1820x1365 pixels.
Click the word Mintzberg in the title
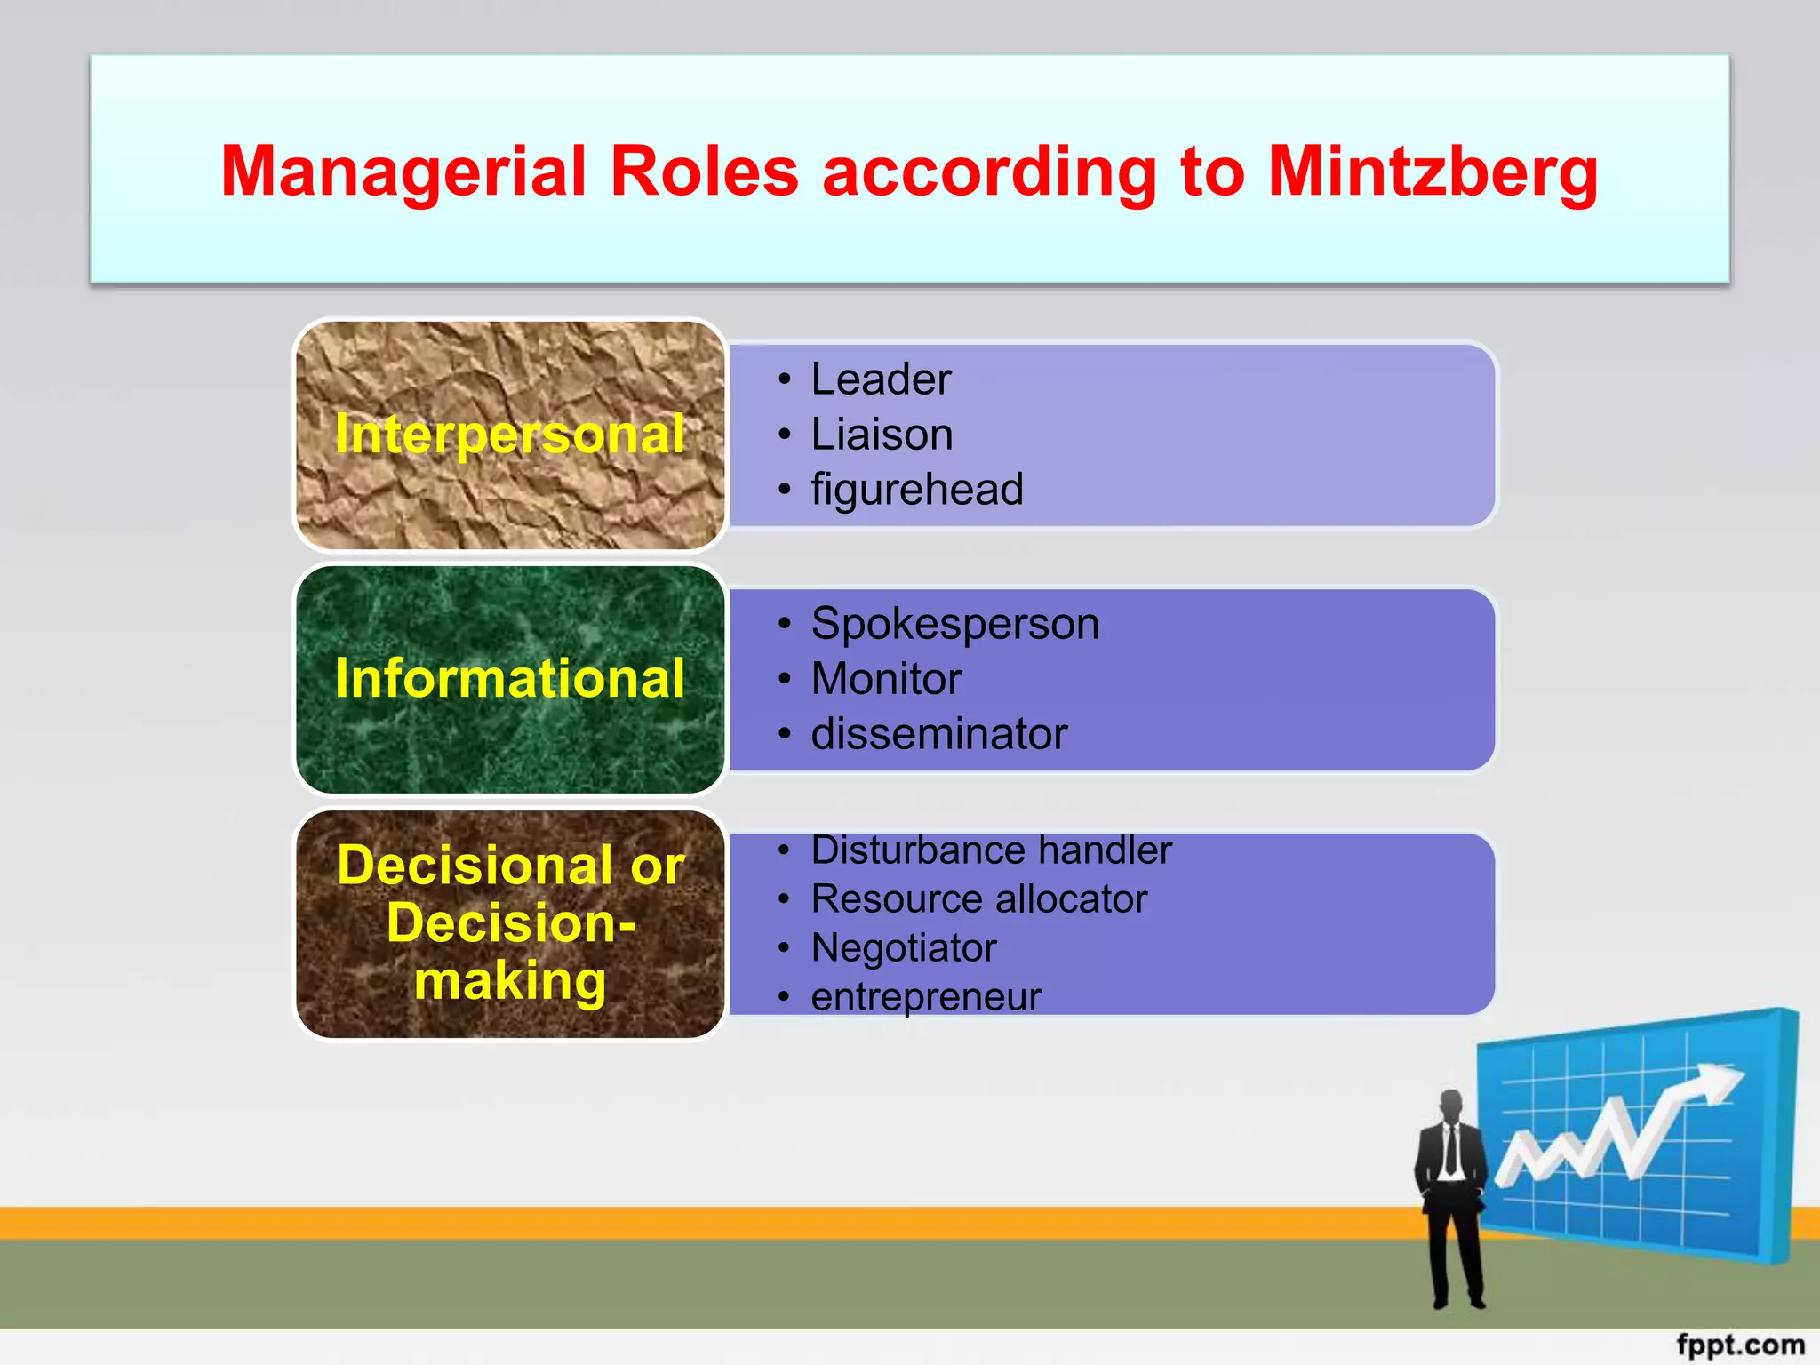(1433, 172)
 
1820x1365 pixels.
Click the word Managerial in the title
(403, 172)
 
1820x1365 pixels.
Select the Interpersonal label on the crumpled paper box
(510, 435)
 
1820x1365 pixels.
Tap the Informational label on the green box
(510, 679)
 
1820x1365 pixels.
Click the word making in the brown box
(510, 981)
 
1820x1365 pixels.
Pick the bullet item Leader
(881, 379)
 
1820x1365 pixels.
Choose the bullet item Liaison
(882, 435)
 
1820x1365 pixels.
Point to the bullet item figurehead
(917, 490)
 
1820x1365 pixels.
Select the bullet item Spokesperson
(954, 624)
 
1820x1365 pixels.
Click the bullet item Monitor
(886, 679)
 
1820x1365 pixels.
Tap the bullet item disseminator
(938, 734)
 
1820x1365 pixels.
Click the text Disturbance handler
(991, 850)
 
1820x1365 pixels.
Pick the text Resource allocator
(978, 899)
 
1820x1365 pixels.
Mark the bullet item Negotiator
(903, 948)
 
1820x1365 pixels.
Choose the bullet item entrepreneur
(925, 997)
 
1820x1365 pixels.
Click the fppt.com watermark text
(1740, 1345)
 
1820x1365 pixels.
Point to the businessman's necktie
(1451, 1150)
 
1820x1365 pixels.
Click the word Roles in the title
(704, 172)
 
